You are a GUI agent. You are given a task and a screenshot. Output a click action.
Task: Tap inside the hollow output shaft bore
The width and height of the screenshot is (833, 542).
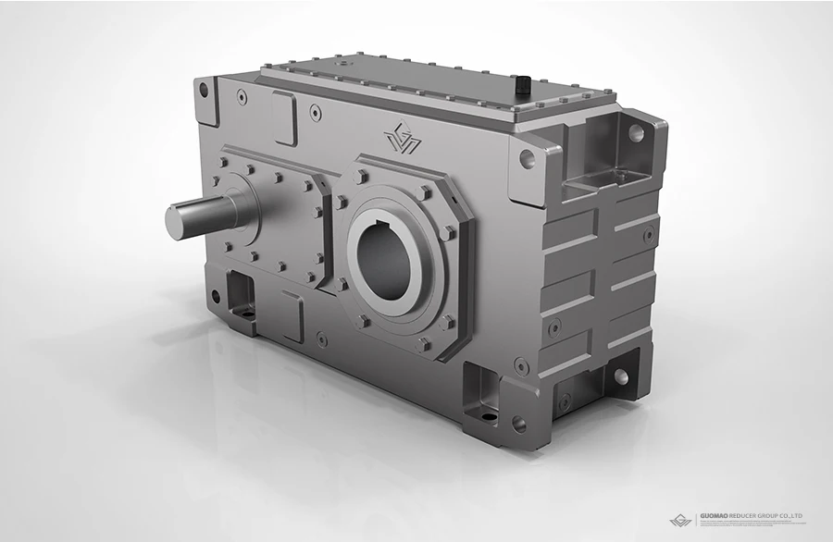pos(381,258)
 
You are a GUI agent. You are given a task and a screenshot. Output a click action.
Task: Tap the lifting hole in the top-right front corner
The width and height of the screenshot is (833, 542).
pos(527,158)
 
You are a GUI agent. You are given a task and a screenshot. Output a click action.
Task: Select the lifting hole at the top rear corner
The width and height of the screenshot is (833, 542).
pos(636,132)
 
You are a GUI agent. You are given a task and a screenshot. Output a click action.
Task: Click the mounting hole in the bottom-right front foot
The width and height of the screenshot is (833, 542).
pos(519,424)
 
